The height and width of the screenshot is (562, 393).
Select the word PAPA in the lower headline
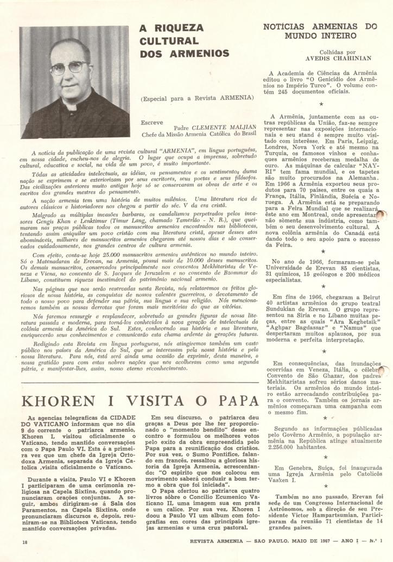(x=234, y=402)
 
